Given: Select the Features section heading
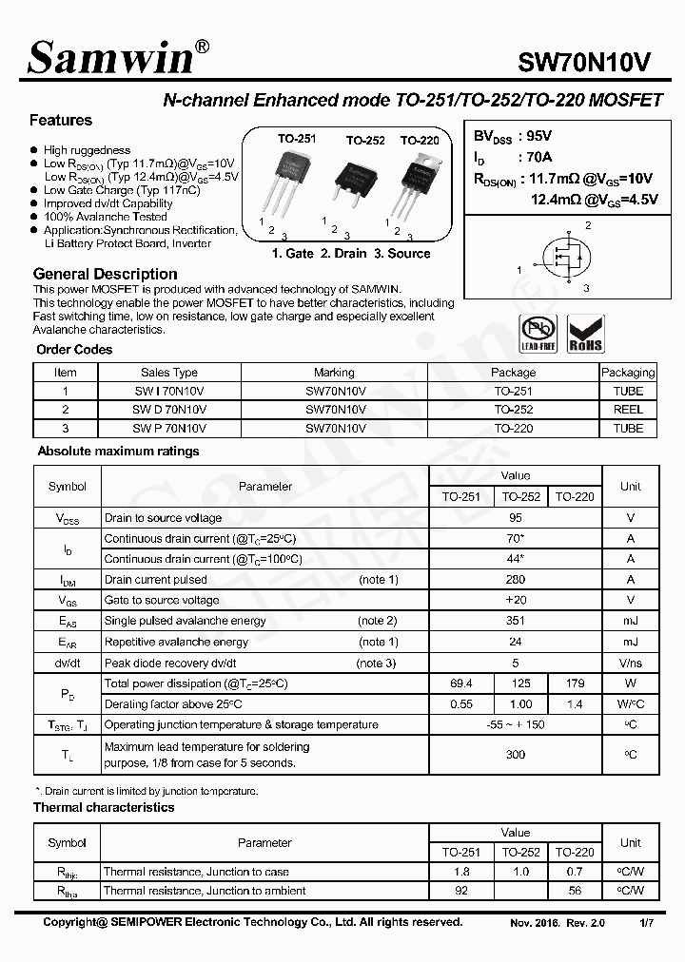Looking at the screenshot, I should pos(61,121).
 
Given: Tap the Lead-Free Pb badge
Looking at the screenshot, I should pos(538,335).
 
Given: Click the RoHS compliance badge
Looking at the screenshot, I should pos(585,335).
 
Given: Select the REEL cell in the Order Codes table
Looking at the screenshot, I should pos(628,410).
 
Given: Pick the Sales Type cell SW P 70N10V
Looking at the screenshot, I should pos(169,429).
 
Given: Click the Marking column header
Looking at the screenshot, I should pos(334,373).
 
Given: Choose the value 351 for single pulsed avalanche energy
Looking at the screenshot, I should pos(516,622).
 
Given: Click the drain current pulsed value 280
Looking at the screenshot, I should pos(516,580).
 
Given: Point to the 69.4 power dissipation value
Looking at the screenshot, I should pos(461,684).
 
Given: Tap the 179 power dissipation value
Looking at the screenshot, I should pos(575,684).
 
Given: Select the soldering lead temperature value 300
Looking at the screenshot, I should pos(516,755).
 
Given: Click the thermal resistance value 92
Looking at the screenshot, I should pos(461,892).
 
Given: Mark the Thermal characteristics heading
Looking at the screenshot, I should pos(104,808).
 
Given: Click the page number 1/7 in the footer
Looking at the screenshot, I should pos(646,923).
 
